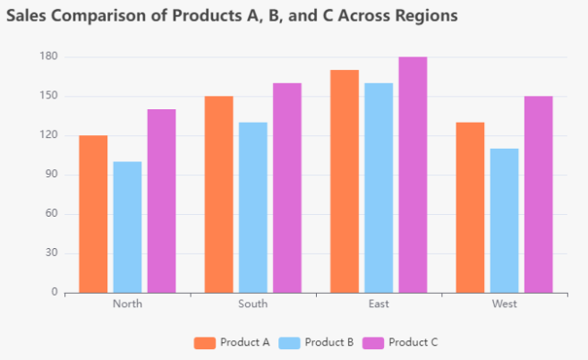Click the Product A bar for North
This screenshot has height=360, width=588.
tap(93, 214)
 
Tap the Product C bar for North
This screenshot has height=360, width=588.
tap(161, 201)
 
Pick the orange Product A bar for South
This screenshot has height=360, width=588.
tap(218, 194)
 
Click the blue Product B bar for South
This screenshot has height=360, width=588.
tap(252, 207)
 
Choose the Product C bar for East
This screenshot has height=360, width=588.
tap(413, 175)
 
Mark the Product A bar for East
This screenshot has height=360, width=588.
tap(345, 181)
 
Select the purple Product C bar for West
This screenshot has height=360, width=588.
tap(538, 194)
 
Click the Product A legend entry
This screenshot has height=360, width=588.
tap(232, 342)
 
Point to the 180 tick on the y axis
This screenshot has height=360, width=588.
tap(48, 56)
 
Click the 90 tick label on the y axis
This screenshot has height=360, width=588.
tap(51, 175)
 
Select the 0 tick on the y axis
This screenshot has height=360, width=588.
tap(55, 292)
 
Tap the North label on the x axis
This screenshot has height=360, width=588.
tap(127, 304)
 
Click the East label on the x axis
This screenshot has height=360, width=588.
tap(379, 304)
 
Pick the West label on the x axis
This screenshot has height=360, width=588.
tap(504, 304)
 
